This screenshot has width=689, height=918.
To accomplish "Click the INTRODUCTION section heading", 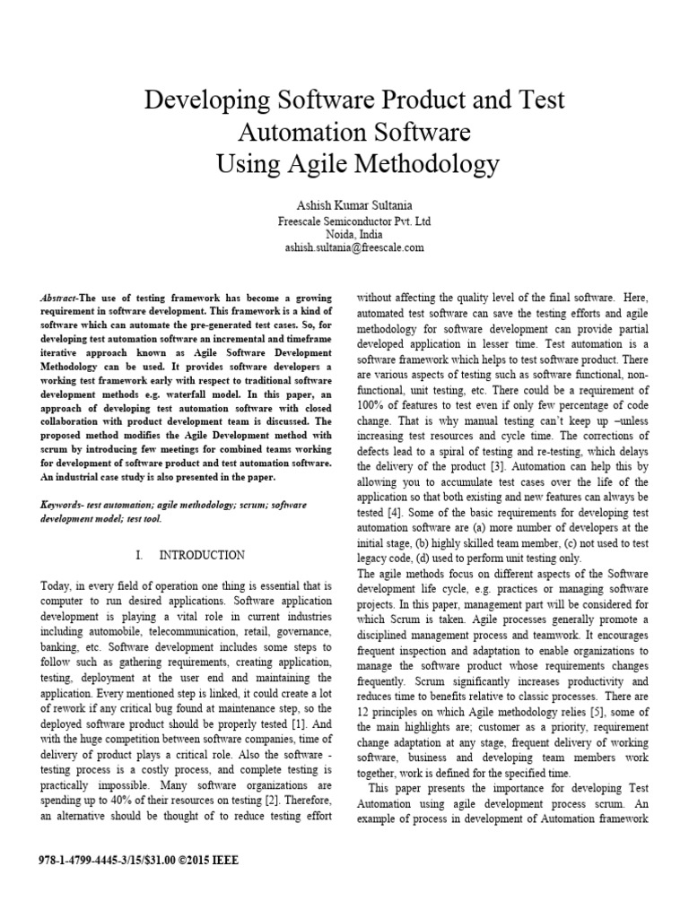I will (201, 556).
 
